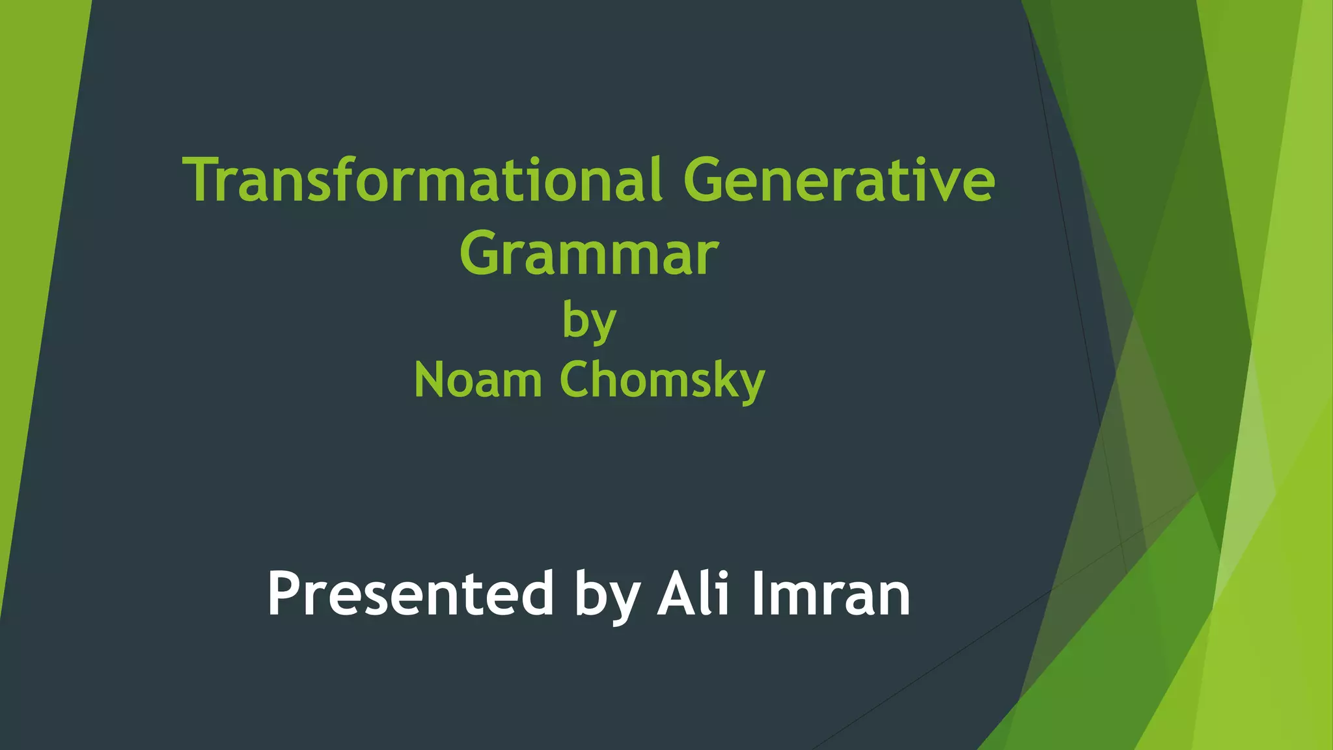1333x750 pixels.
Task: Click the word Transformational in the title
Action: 423,180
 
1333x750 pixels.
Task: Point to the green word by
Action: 589,321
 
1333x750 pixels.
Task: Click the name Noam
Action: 478,380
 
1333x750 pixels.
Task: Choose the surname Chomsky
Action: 662,380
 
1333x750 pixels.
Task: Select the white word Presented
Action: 410,594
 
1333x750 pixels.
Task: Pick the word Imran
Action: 831,594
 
